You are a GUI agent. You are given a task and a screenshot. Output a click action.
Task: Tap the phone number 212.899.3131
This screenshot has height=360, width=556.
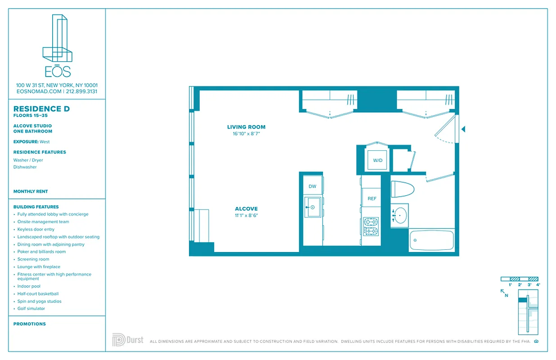82,91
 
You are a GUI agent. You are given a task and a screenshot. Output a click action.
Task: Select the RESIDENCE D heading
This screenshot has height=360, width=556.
41,109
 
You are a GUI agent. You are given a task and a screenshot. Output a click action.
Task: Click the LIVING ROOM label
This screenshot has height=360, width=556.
246,127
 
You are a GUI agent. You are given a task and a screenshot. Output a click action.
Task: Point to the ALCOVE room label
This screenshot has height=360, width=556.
246,209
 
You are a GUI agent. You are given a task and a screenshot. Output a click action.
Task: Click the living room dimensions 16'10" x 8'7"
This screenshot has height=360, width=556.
246,134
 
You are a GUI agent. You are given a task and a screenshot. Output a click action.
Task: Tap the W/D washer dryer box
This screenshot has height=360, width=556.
377,160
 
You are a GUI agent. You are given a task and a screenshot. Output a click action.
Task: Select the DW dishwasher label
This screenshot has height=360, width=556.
312,186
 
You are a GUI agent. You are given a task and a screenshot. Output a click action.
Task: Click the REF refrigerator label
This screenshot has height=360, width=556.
372,198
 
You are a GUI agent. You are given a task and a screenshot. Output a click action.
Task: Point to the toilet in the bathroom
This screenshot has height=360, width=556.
402,189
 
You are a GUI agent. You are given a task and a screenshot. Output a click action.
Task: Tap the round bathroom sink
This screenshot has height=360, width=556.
400,216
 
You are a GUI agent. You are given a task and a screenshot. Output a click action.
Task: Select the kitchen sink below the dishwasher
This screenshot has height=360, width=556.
313,207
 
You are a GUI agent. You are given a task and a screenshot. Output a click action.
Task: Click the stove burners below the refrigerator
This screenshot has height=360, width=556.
371,226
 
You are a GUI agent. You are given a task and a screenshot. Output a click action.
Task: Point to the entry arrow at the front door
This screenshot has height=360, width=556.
463,130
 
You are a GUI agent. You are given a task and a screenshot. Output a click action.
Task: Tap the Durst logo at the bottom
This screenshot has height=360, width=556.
128,340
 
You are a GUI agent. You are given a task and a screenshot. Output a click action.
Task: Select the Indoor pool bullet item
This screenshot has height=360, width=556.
29,286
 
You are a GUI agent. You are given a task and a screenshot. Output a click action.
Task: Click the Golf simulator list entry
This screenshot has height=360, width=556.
31,309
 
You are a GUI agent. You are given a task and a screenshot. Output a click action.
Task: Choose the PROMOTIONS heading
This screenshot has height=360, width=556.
30,324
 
